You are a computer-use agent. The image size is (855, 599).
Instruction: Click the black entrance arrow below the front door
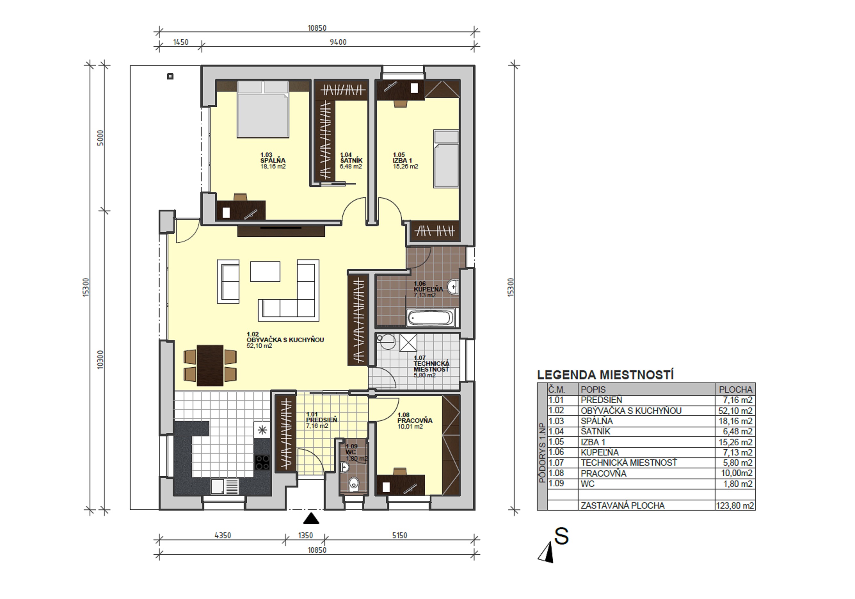311,519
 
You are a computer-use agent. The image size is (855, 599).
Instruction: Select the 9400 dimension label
338,42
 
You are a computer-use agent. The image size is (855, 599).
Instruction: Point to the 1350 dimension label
305,535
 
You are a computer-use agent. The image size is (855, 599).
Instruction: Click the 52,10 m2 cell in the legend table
735,411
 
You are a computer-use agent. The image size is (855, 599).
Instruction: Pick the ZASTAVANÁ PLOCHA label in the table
623,505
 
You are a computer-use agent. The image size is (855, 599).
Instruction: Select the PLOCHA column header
735,390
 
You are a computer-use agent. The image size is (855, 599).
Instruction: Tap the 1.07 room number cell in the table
556,463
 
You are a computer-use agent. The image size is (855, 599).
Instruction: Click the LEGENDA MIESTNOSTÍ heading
605,374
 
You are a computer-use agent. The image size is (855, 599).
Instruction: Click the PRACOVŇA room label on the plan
415,421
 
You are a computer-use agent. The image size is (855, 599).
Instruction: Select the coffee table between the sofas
265,271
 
